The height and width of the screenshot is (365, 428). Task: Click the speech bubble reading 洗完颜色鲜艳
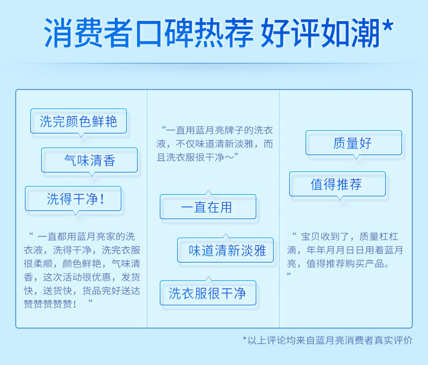79,121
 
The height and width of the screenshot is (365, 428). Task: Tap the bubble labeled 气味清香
89,160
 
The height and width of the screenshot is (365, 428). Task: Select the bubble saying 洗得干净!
73,198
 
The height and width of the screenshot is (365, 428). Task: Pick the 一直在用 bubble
208,207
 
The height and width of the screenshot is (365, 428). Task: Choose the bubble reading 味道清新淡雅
225,250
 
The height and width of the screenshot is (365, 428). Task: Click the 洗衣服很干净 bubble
208,293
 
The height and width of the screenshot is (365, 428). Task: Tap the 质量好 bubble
354,143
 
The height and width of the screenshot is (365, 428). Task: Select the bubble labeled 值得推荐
338,184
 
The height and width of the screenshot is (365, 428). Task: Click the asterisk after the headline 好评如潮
388,26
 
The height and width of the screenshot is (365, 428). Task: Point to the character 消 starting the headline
59,33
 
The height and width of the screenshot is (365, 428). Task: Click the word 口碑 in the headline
164,33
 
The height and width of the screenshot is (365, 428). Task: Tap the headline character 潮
366,33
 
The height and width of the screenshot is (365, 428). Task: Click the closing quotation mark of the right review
289,274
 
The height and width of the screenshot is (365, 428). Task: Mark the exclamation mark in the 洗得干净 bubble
102,198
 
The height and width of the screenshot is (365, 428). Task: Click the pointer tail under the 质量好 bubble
356,157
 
